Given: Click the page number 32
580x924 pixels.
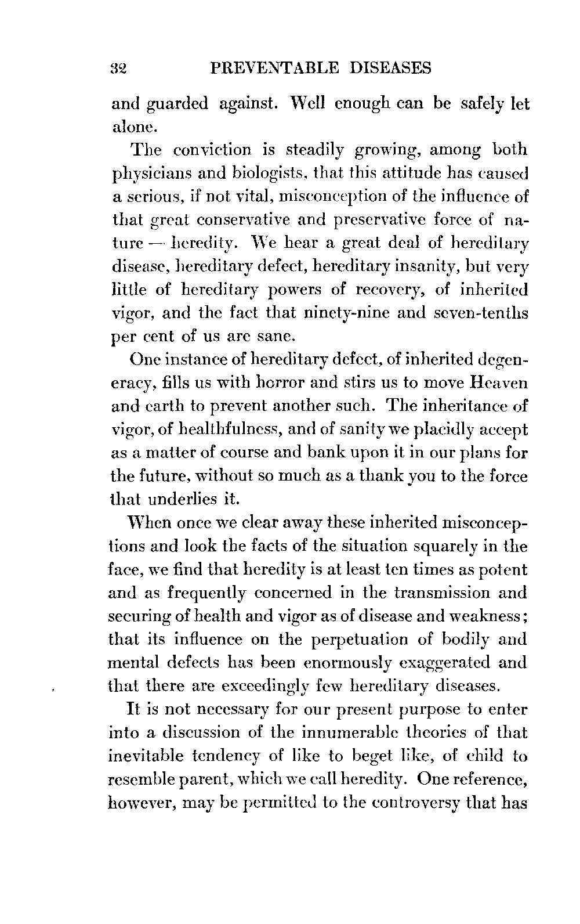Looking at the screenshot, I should [x=118, y=69].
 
